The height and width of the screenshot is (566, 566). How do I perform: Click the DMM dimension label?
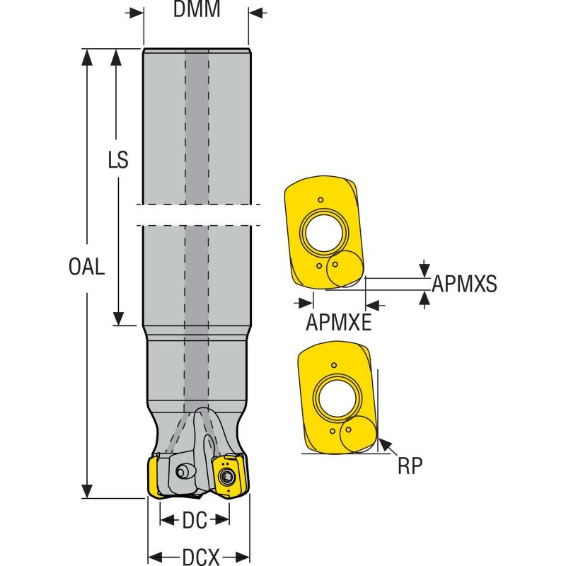coord(196,10)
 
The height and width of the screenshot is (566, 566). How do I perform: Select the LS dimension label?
coord(118,160)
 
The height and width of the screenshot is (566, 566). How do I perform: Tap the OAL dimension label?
coord(87,267)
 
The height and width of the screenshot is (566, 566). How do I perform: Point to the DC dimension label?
coord(195,521)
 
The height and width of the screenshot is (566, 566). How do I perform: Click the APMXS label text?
coord(464,284)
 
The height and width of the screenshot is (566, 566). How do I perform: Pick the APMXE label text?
coord(339,323)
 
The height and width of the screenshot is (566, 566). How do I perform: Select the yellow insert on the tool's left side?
coord(156,475)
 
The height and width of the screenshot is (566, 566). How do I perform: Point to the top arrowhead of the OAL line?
coord(88,55)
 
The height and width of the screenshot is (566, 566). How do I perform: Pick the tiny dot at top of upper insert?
coord(320,199)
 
